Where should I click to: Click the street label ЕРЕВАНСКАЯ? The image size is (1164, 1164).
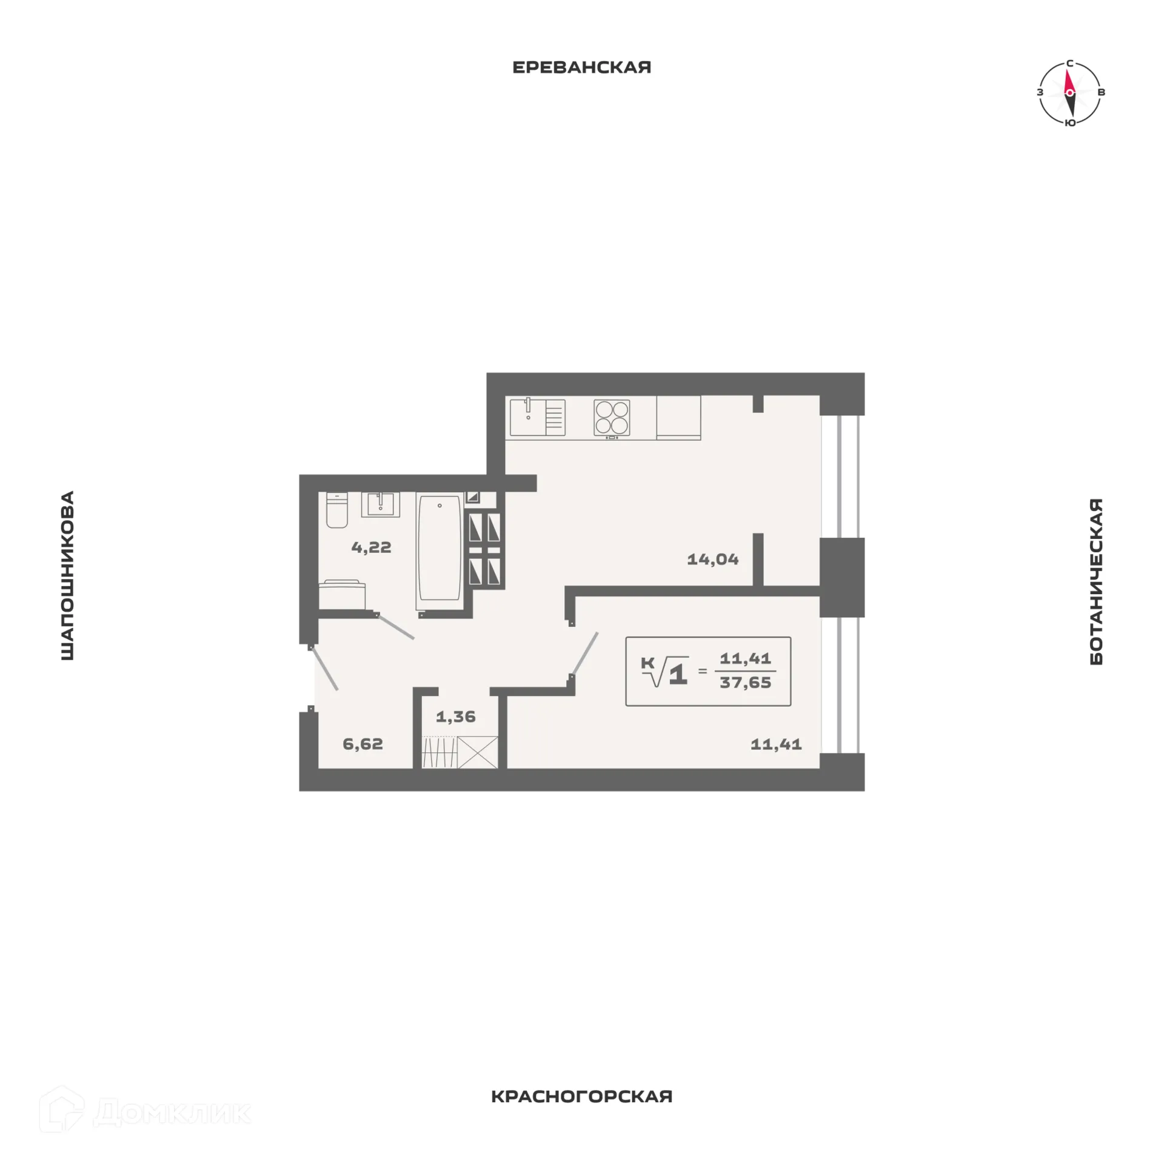coord(581,67)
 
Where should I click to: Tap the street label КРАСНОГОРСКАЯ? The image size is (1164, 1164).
coord(581,1097)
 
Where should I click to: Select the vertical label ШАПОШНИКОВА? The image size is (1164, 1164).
coord(67,575)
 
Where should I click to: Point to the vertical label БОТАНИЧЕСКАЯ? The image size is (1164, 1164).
coord(1096,581)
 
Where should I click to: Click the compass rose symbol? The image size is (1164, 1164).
coord(1069,93)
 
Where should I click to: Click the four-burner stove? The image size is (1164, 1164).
coord(612,417)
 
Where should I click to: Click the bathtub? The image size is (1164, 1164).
coord(440,549)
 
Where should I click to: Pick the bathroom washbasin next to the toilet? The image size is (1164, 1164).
coord(380,504)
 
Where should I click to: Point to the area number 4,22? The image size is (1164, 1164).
coord(371,547)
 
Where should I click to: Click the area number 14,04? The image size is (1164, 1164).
coord(712,559)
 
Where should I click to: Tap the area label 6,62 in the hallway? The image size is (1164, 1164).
coord(363,744)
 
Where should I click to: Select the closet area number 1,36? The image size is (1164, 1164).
coord(455,717)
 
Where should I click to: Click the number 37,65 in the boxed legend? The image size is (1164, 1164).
coord(745,683)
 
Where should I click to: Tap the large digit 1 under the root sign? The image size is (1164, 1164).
coord(678,674)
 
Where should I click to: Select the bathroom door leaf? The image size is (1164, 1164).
coord(395,627)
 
